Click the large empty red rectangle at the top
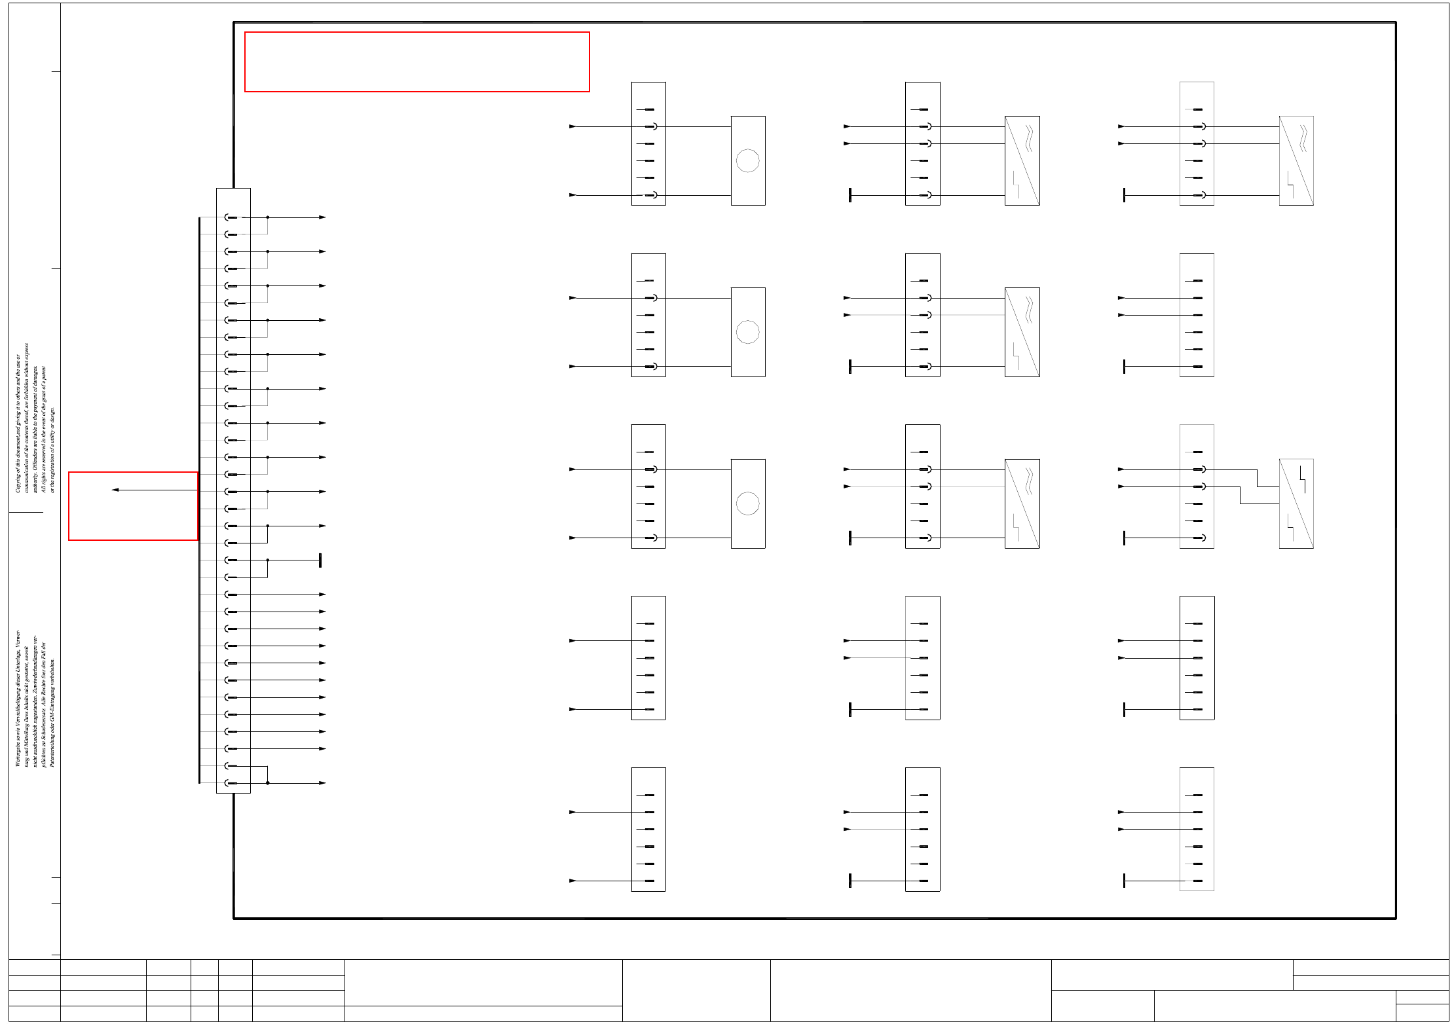pos(417,62)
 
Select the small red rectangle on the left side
pos(133,505)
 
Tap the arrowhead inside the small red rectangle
pos(115,490)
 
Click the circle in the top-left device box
pos(747,160)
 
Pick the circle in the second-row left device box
pos(747,332)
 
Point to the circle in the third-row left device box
pos(747,504)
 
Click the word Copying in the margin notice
pos(18,481)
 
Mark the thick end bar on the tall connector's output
pos(320,560)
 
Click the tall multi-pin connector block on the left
pos(233,490)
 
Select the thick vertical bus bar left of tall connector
pos(199,500)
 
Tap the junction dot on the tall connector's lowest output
pos(268,782)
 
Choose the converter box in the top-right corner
pos(1296,160)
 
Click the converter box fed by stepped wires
pos(1296,504)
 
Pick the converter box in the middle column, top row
pos(1022,160)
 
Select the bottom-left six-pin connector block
pos(648,829)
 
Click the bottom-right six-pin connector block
pos(1197,829)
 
